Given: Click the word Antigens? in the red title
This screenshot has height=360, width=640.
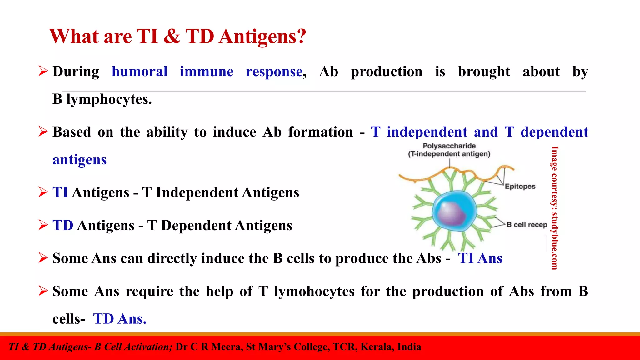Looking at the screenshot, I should (262, 37).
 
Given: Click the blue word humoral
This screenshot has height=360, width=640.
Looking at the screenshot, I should (139, 72).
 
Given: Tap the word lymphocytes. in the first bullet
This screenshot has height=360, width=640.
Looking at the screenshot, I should (109, 99).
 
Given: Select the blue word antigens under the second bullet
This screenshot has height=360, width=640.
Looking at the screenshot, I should (79, 160).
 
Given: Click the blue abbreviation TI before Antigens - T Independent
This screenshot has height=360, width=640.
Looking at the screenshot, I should (60, 192).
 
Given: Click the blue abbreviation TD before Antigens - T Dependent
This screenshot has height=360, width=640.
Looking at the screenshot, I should (63, 225).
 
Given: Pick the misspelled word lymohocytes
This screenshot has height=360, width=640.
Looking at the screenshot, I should (314, 292).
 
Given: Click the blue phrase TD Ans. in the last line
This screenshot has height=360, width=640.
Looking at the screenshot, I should (120, 319).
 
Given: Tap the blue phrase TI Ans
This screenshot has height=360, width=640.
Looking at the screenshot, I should (480, 258).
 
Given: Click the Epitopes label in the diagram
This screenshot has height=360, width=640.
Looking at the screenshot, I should (520, 187).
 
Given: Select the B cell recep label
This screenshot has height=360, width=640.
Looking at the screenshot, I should (527, 225).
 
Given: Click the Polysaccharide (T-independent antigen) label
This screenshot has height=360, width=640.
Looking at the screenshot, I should (449, 150).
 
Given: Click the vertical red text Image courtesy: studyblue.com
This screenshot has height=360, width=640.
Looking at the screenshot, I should (554, 208).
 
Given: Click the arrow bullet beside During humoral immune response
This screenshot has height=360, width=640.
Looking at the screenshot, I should (43, 71).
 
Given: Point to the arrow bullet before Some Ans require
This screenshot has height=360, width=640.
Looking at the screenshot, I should (43, 291).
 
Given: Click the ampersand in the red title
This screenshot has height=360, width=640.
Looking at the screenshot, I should (172, 37).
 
